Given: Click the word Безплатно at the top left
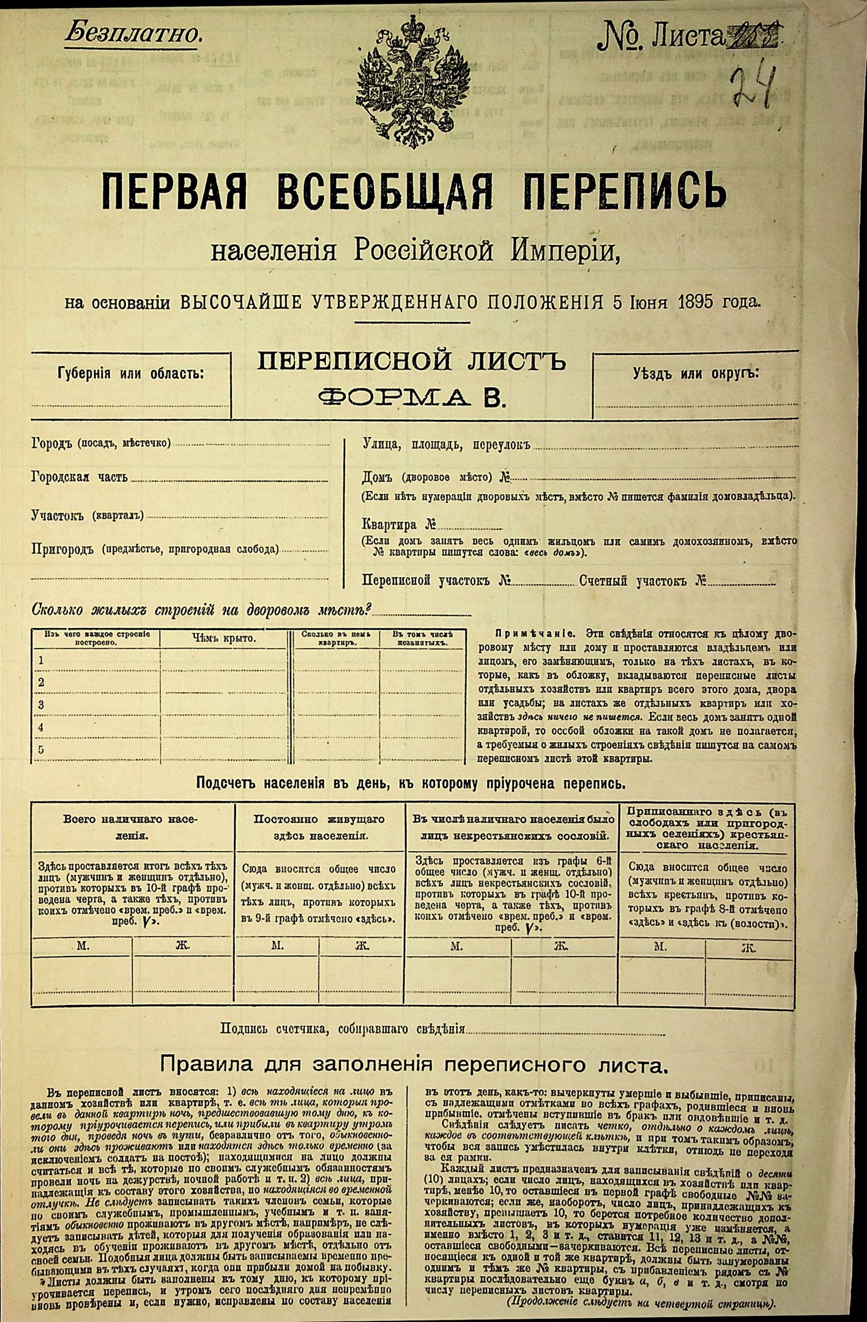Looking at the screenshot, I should click(133, 34).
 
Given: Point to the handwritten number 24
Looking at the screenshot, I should click(754, 88).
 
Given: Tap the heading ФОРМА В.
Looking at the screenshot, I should click(412, 398).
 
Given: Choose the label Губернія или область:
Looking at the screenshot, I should click(130, 374).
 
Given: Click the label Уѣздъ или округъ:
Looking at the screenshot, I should click(695, 374).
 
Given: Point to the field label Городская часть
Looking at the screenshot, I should click(80, 478).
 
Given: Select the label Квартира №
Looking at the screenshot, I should click(398, 525).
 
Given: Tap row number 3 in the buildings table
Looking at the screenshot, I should click(42, 705).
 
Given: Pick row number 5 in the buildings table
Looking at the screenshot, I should click(42, 750).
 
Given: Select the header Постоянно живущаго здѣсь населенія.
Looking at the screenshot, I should click(319, 827).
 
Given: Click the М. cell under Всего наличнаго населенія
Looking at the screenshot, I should click(83, 945).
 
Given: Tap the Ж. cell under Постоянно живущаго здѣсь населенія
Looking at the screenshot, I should click(362, 946).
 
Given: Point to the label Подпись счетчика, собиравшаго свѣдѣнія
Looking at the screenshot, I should click(343, 1029).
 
